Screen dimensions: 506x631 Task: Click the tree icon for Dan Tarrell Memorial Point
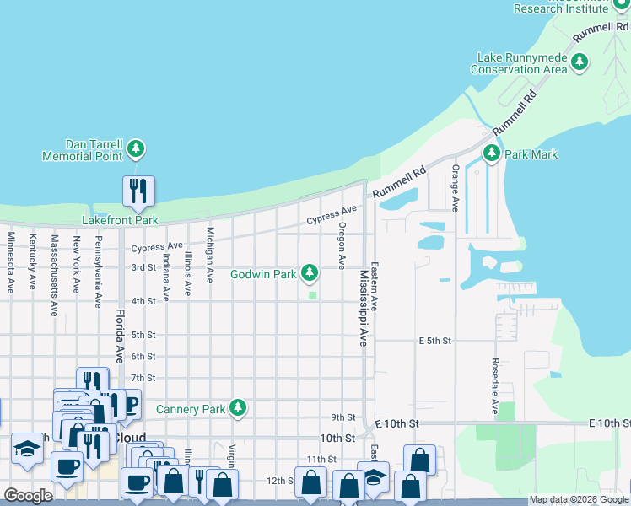tap(137, 150)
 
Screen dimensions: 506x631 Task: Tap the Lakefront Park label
tap(120, 220)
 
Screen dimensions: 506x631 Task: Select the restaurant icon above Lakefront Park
tap(137, 191)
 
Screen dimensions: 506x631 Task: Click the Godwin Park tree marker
tap(310, 272)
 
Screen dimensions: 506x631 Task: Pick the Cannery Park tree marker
tap(239, 408)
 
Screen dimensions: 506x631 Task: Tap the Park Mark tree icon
tap(492, 153)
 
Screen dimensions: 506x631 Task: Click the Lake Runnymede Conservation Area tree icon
tap(580, 62)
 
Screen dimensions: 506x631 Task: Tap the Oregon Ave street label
tap(342, 246)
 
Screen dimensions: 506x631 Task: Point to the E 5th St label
tap(435, 341)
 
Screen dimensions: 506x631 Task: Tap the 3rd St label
tap(143, 267)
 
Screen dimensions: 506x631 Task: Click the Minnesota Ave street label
tap(10, 262)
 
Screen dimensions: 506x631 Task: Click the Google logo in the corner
tap(28, 496)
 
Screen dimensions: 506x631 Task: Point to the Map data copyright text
tap(578, 499)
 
